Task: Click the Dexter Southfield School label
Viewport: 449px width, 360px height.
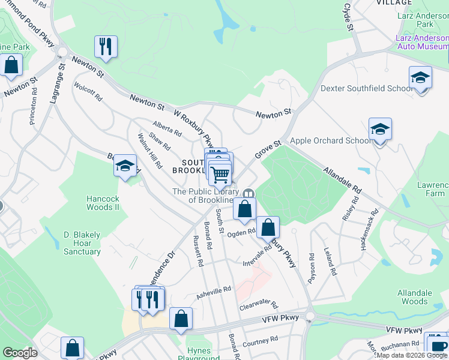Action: (x=367, y=88)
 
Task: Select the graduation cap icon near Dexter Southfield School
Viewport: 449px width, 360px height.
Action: (x=420, y=78)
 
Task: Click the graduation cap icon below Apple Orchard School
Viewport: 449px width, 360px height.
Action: (x=380, y=130)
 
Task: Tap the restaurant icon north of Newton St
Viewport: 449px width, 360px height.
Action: (x=106, y=47)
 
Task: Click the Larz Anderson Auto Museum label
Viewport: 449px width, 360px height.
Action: (x=422, y=41)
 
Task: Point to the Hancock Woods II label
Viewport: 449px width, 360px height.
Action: (x=103, y=203)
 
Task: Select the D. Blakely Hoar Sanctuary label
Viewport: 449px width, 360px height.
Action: (x=82, y=243)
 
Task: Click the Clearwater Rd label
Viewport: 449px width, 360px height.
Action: (x=259, y=305)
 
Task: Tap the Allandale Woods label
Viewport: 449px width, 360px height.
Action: (x=414, y=298)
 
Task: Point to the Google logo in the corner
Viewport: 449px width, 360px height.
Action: (x=20, y=353)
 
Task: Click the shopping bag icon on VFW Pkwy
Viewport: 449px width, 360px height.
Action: (x=181, y=319)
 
